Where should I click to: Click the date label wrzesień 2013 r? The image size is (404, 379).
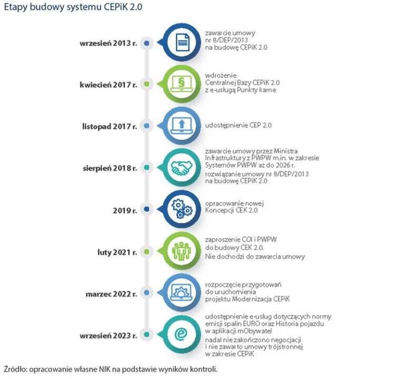[x=108, y=44]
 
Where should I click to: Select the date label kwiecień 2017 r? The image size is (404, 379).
[x=109, y=84]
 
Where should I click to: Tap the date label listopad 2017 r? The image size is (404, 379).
[x=110, y=126]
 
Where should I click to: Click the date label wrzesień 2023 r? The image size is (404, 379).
[x=108, y=335]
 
